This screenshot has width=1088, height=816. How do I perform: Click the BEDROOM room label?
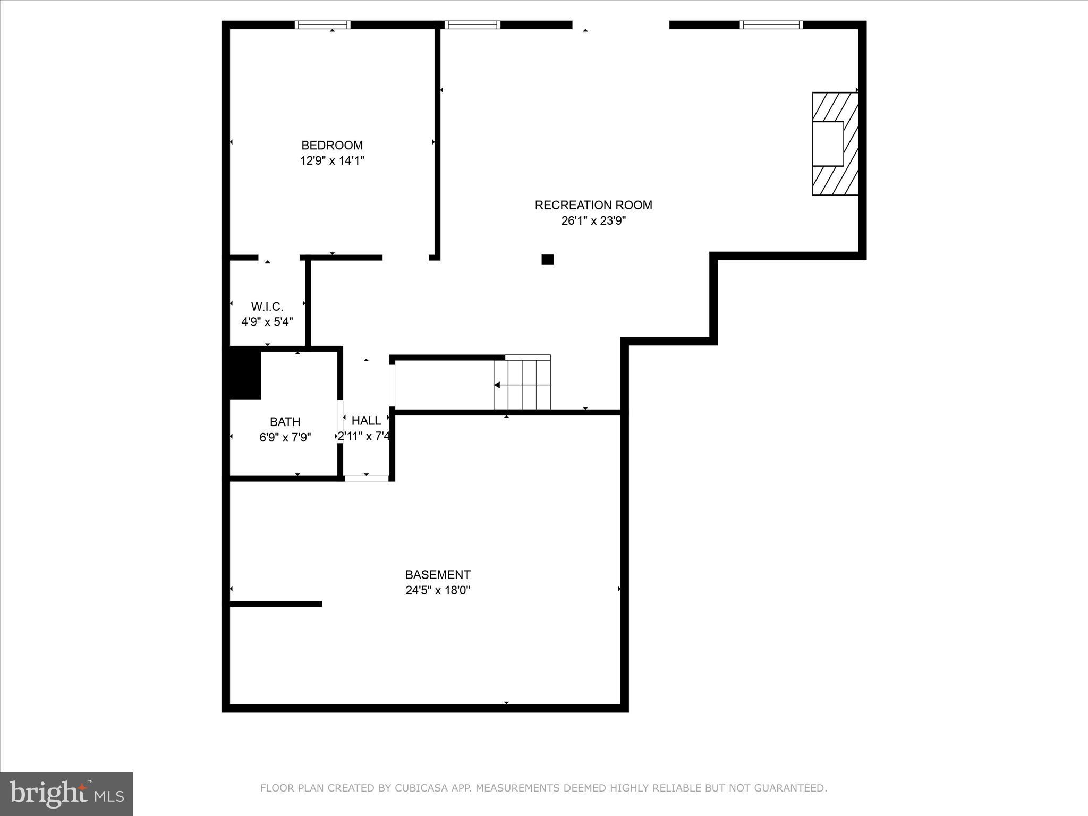332,145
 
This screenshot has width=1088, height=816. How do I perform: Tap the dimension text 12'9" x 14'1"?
332,160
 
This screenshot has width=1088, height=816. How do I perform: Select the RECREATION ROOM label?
593,205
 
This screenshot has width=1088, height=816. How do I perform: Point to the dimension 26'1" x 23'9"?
593,220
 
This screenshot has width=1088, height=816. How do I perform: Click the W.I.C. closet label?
267,307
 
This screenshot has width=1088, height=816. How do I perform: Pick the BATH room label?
285,422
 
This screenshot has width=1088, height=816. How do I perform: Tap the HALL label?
366,421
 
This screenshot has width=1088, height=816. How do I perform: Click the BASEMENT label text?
438,575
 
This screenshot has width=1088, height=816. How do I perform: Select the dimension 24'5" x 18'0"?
438,590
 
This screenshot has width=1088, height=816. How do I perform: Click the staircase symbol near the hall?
522,384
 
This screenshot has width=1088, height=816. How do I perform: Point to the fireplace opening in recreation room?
828,143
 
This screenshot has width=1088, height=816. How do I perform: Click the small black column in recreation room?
547,259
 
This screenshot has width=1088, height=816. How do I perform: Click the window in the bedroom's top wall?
322,24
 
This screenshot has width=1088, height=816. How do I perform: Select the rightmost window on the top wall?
771,24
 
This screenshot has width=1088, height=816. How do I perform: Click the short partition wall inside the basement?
276,603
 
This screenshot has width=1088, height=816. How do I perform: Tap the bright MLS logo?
66,794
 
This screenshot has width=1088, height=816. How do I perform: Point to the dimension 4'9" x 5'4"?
267,322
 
